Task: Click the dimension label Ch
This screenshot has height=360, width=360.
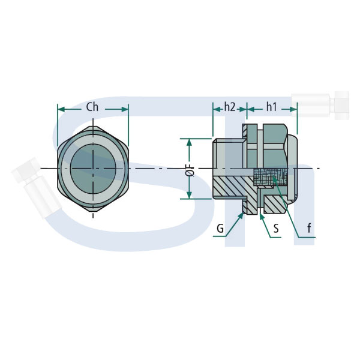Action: [92, 107]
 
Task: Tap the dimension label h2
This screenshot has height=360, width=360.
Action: [230, 107]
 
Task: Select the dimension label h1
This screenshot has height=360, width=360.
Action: [271, 107]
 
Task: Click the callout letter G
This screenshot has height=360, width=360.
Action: [220, 228]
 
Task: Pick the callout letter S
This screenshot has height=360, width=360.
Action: [276, 228]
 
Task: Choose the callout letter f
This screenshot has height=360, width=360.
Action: [309, 228]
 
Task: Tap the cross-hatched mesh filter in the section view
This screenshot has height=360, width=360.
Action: [270, 177]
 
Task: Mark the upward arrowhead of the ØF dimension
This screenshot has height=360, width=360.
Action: [189, 142]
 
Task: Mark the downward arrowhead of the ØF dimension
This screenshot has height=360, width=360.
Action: [189, 196]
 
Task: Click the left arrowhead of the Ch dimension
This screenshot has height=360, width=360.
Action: [61, 109]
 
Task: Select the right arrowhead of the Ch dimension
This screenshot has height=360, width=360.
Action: [125, 109]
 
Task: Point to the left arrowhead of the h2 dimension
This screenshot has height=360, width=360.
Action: [217, 110]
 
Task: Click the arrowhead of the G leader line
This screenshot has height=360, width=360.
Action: [242, 215]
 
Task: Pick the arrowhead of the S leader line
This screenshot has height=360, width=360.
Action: [261, 215]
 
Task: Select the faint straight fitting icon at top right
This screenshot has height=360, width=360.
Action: [320, 106]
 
